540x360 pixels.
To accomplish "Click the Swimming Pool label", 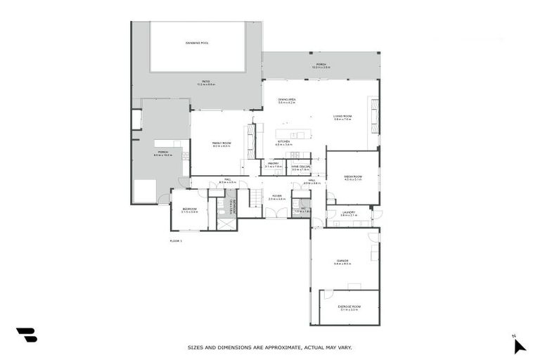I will coord(197,43).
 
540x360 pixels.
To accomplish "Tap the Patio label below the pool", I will coord(206,82).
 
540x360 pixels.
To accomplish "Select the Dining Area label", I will coord(286,100).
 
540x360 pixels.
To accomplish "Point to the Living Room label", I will coord(342,116).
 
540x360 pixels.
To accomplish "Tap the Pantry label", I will coord(273,164).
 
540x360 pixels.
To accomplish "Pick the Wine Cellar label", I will coord(300,167).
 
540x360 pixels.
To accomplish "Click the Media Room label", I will coord(353,176).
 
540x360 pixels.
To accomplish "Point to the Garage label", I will coord(342,261).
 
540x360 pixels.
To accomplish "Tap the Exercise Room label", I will coord(349,307).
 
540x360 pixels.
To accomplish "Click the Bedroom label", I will coord(189,210).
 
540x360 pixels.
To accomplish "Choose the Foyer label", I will coord(277,196).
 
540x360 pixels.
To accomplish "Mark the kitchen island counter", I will coord(292,134).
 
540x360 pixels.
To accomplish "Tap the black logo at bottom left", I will coord(26,335).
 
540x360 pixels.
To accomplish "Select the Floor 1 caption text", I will coord(176,240).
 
